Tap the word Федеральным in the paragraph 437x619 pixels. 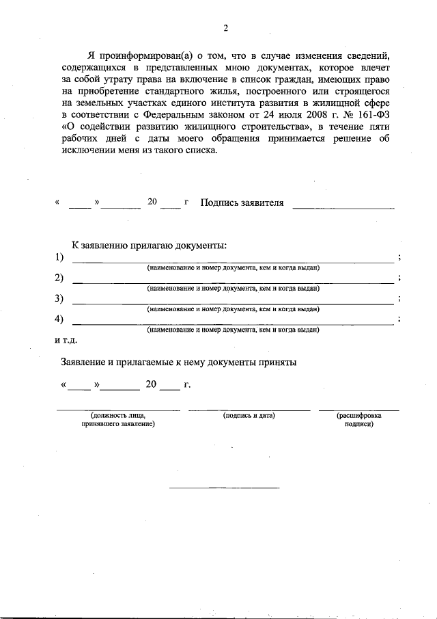point(158,116)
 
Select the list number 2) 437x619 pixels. point(59,278)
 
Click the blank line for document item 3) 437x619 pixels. point(232,303)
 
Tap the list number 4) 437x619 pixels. point(59,319)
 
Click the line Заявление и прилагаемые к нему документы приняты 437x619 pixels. point(178,363)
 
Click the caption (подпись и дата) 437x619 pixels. point(249,415)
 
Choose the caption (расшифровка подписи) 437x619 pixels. point(358,419)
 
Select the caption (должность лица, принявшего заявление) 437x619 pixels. point(118,419)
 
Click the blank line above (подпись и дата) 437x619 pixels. point(249,409)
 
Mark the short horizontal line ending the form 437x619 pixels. point(224,488)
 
